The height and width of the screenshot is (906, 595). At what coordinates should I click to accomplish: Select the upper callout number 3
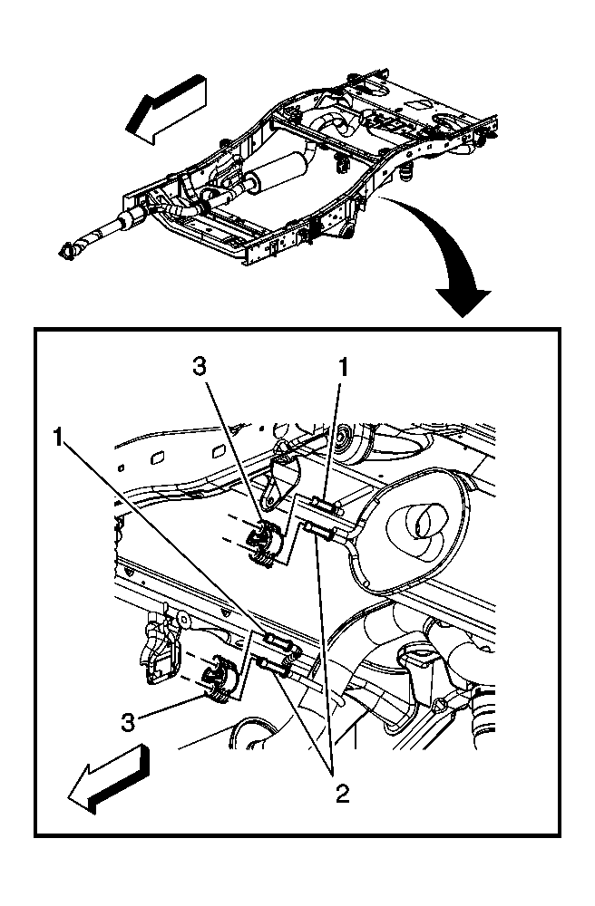201,367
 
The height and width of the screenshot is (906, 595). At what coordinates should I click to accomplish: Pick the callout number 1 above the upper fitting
342,367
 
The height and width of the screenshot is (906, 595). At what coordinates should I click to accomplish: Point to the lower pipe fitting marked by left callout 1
277,645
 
